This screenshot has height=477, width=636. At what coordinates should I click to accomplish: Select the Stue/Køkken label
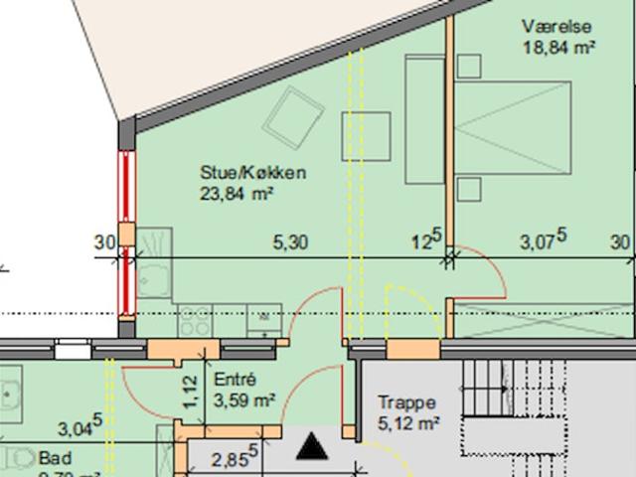point(251,173)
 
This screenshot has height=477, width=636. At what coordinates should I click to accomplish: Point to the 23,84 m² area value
point(238,193)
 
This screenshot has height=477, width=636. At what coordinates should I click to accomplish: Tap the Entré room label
point(236,381)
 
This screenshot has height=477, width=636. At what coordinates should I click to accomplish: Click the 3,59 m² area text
point(244,400)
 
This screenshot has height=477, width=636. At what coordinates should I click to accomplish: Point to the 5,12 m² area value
point(408,424)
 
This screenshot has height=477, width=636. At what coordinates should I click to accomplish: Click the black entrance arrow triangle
point(314,447)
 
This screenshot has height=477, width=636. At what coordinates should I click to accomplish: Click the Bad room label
point(49,458)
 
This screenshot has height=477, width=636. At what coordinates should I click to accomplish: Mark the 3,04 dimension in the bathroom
point(79,429)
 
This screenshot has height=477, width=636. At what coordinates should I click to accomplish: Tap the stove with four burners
point(195,319)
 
